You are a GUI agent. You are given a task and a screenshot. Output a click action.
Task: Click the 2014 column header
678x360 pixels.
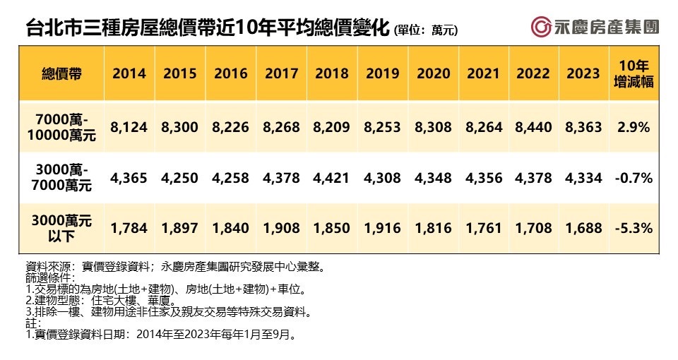129,73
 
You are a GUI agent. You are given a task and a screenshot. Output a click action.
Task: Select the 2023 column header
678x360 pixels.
583,73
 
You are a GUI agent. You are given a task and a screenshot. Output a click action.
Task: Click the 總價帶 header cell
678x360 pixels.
61,73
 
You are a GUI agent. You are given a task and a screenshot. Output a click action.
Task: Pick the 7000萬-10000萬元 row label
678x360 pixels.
61,127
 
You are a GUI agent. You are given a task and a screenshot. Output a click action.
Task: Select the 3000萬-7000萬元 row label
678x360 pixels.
61,178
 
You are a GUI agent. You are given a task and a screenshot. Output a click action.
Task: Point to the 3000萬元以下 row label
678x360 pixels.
61,228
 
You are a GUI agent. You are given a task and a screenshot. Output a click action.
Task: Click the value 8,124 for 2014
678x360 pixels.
129,127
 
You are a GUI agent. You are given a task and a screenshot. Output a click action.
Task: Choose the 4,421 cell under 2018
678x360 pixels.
332,178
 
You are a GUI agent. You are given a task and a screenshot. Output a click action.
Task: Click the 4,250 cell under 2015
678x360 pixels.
180,178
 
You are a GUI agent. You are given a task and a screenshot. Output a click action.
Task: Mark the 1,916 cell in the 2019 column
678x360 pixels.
382,228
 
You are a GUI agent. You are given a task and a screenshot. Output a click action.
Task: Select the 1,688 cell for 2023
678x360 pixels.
583,228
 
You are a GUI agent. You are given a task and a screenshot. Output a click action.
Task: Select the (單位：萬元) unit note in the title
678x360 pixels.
427,30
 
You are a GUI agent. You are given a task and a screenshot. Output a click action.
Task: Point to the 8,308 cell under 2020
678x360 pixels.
433,127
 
